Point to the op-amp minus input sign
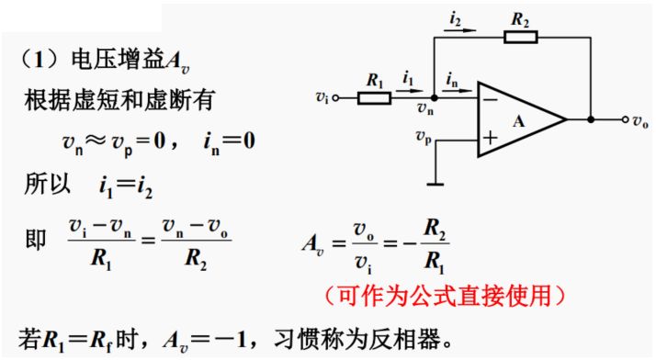[x=491, y=98]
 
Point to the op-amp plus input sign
[x=491, y=140]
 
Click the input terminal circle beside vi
[x=336, y=96]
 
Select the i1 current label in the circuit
[x=408, y=78]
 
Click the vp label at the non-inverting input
[x=424, y=138]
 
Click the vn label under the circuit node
[x=424, y=110]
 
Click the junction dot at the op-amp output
[x=589, y=119]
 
